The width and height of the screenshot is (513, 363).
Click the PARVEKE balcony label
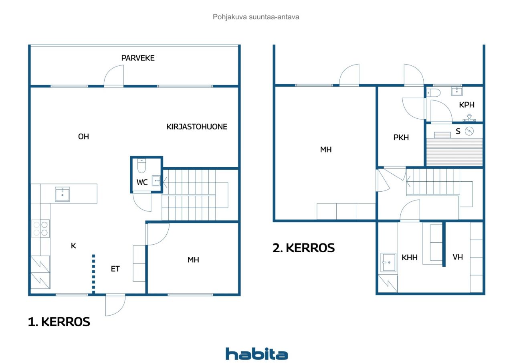coord(138,58)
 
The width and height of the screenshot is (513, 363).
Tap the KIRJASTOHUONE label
coord(197,127)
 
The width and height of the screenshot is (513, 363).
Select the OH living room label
coord(83,137)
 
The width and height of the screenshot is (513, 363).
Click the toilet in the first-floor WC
coord(141,166)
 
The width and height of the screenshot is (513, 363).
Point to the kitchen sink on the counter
coord(62,194)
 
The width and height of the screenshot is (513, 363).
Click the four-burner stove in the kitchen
coord(40,229)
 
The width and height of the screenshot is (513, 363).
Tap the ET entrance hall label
coord(115,269)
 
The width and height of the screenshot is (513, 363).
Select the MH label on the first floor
coord(193,260)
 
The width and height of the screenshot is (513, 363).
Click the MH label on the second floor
coord(326,150)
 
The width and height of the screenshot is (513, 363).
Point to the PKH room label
coord(401,138)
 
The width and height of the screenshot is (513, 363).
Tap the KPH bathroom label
coord(467,105)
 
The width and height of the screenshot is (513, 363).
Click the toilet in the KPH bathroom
coord(433,93)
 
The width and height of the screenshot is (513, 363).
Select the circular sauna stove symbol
coord(469,131)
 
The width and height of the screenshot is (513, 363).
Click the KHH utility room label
coord(410,258)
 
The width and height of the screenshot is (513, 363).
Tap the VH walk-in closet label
coord(458,257)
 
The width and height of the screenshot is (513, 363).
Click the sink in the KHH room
coord(388,262)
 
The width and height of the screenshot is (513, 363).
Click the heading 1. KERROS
coord(59,322)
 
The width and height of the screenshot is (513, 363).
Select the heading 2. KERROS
coord(303,248)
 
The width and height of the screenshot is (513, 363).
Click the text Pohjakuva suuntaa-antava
coord(256,17)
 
